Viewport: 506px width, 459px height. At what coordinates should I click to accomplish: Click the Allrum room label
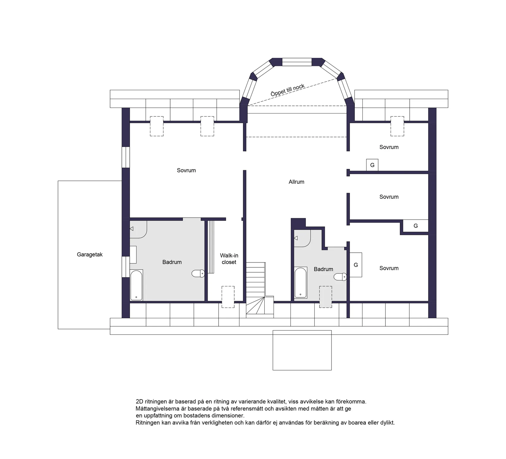[x=296, y=182]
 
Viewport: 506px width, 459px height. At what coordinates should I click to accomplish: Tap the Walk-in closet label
[x=229, y=259]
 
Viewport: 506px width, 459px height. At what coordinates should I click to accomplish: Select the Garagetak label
[x=90, y=254]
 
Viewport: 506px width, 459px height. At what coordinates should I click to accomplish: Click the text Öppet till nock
[x=288, y=90]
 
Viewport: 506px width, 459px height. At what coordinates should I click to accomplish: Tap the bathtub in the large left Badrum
[x=136, y=285]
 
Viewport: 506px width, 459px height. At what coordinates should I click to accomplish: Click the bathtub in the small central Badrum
[x=300, y=282]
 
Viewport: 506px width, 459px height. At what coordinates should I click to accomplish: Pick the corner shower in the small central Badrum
[x=302, y=238]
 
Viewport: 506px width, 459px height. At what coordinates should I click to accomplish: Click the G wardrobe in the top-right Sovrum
[x=372, y=165]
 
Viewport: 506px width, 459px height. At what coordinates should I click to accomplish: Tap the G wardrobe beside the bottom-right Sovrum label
[x=356, y=265]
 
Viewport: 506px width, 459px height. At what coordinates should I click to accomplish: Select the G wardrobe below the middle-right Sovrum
[x=416, y=226]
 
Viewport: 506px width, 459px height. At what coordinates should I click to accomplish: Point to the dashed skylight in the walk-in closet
[x=228, y=297]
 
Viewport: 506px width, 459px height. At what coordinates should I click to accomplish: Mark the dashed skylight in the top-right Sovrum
[x=397, y=126]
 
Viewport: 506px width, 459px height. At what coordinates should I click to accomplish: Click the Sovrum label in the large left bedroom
[x=186, y=170]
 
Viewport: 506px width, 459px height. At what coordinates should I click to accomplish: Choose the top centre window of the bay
[x=297, y=62]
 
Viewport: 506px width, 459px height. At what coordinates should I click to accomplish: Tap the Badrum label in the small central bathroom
[x=323, y=269]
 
